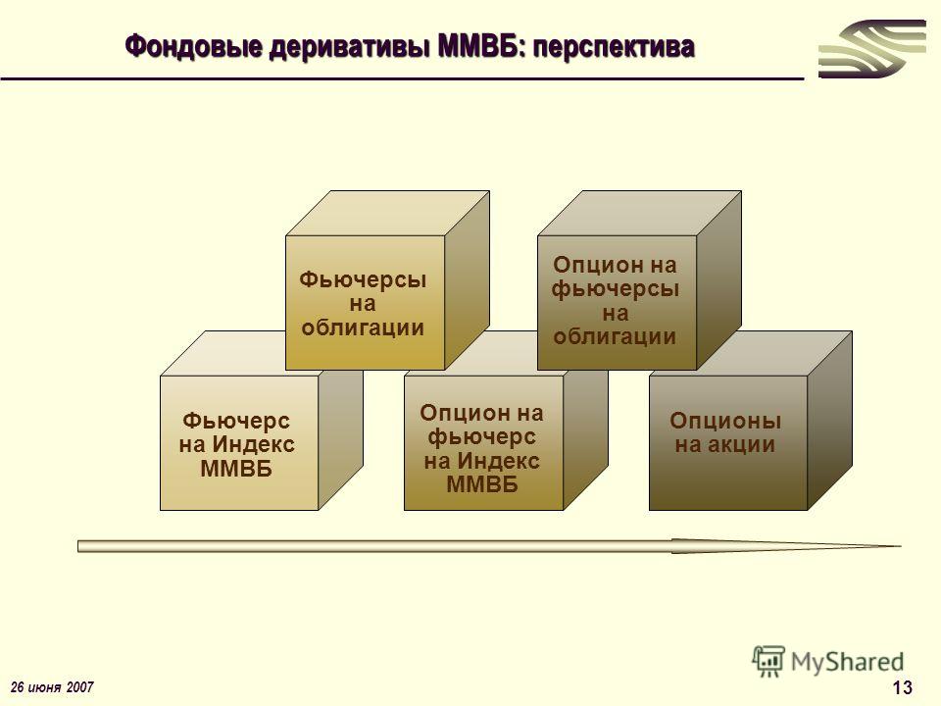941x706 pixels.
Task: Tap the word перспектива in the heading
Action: click(614, 47)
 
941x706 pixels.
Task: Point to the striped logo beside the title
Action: click(872, 49)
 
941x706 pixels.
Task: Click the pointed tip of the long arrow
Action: click(901, 546)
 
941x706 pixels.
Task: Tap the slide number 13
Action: click(902, 687)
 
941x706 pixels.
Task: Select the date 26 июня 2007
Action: click(52, 686)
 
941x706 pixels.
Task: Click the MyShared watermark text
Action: click(847, 662)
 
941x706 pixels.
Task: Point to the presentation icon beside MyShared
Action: click(768, 661)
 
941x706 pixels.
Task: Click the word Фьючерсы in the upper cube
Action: click(363, 279)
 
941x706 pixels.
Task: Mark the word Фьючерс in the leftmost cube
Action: click(236, 421)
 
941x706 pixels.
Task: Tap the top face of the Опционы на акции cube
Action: click(751, 354)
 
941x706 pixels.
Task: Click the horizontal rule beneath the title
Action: click(402, 78)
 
